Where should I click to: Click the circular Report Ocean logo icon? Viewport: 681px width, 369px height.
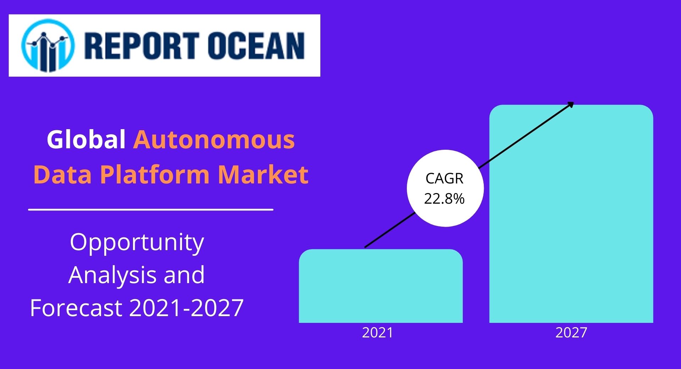tap(48, 46)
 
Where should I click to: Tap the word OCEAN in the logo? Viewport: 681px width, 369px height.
tap(256, 46)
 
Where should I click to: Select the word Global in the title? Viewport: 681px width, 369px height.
tap(86, 139)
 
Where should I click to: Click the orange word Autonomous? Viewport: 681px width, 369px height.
tap(214, 140)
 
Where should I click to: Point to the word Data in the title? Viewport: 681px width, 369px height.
tap(62, 175)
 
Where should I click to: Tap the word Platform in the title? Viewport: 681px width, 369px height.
tap(155, 175)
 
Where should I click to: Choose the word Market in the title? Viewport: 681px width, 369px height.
tap(263, 175)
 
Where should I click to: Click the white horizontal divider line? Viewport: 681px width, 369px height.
tap(151, 210)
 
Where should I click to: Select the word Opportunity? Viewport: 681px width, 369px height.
tap(137, 243)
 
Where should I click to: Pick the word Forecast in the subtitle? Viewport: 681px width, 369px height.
tap(76, 308)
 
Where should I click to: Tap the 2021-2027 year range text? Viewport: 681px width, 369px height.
tap(187, 308)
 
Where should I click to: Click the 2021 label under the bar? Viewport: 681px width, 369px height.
tap(377, 333)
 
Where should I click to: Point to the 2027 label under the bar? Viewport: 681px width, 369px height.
tap(571, 333)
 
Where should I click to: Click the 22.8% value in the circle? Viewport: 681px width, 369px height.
tap(444, 199)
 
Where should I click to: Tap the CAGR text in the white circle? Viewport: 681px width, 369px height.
tap(444, 178)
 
